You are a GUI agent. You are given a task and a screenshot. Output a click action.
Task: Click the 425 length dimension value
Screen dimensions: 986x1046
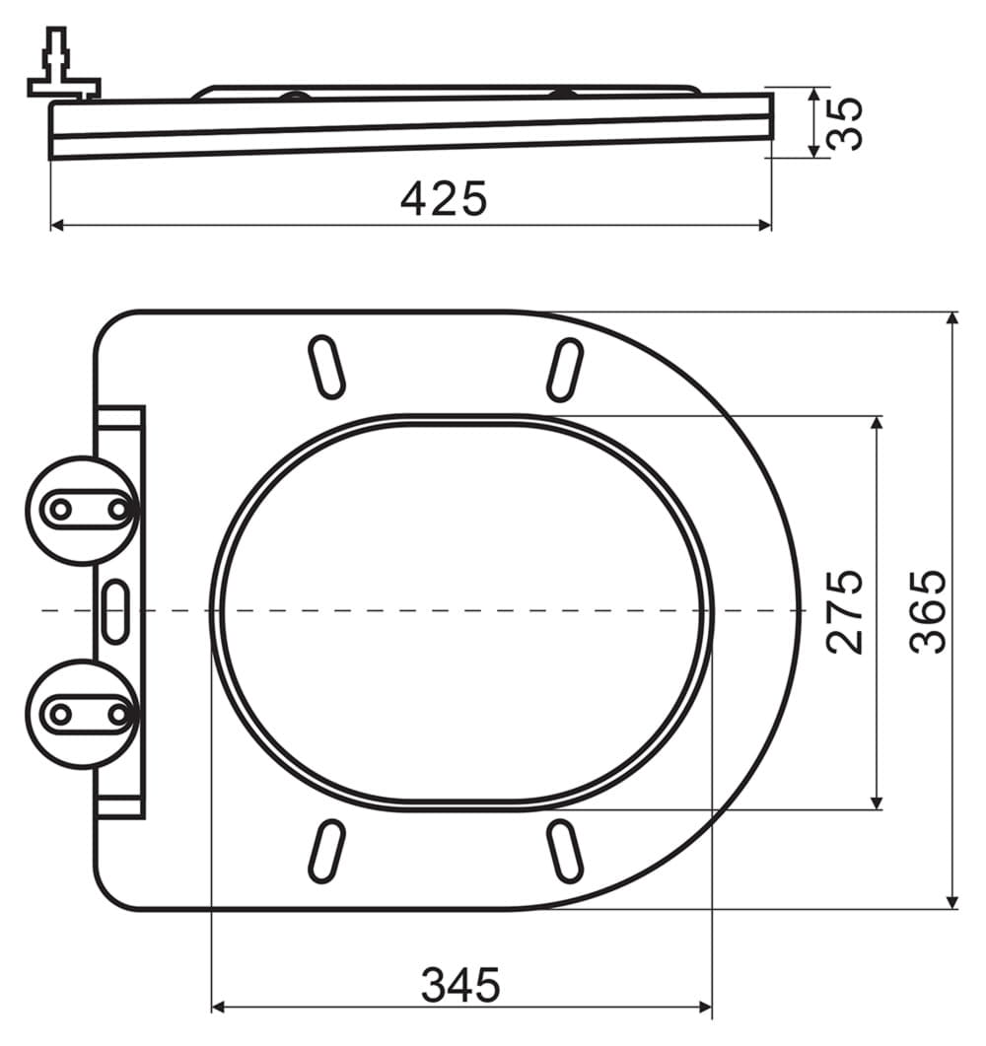(x=445, y=198)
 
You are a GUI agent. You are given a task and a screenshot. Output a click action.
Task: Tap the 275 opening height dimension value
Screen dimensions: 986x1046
(x=845, y=611)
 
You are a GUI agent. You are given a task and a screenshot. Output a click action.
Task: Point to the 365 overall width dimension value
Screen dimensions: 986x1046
(x=928, y=611)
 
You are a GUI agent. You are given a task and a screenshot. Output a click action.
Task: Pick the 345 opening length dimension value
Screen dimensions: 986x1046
(x=460, y=985)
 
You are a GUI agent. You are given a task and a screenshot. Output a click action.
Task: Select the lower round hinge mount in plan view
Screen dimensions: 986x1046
(x=82, y=714)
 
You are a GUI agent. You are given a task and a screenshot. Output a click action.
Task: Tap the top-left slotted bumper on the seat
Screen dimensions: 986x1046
(x=327, y=368)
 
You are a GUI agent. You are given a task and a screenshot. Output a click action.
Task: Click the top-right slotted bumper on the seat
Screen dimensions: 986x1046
(x=565, y=371)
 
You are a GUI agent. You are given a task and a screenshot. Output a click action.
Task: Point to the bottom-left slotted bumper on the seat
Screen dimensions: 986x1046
(x=326, y=852)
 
